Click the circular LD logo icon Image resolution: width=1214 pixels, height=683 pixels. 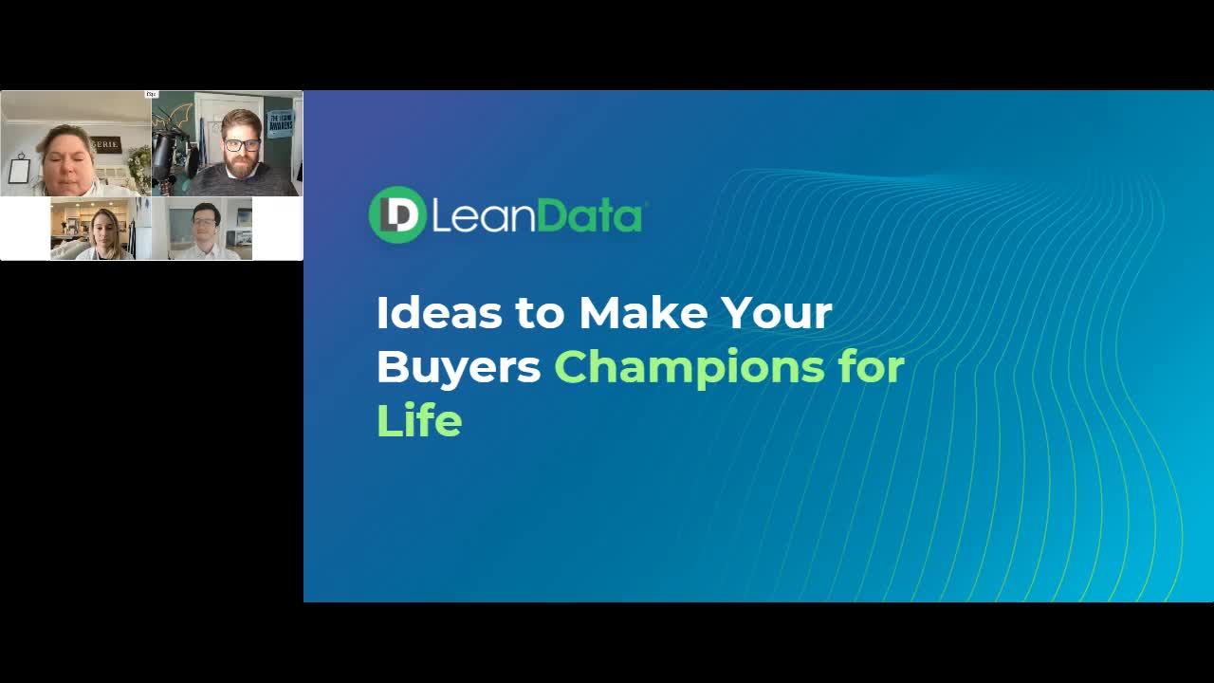(x=396, y=214)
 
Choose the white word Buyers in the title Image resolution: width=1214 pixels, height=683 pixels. (x=458, y=367)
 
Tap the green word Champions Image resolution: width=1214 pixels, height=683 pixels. (x=690, y=367)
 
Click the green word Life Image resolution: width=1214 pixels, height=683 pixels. (x=418, y=420)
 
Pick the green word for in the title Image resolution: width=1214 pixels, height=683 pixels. (x=872, y=367)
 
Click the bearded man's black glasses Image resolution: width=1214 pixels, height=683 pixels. (x=242, y=145)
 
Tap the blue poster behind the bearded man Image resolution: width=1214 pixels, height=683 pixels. (x=280, y=123)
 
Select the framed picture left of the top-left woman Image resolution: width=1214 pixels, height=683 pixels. (x=19, y=170)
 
